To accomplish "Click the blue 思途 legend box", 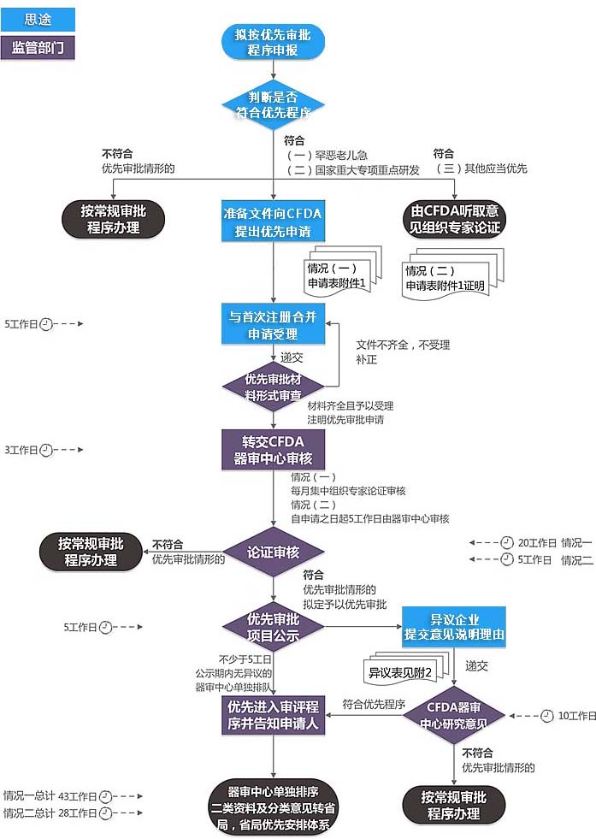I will tap(38, 20).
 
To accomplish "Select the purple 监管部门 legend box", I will tap(38, 47).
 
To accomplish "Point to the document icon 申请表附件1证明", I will tap(446, 279).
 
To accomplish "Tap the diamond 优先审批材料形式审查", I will tap(273, 386).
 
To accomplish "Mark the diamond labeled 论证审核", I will tap(273, 552).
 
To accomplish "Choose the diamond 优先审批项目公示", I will tap(273, 626).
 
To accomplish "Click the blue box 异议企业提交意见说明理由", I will tap(454, 626).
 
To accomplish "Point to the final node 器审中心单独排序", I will tap(273, 806).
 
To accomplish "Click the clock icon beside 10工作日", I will tap(547, 715).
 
